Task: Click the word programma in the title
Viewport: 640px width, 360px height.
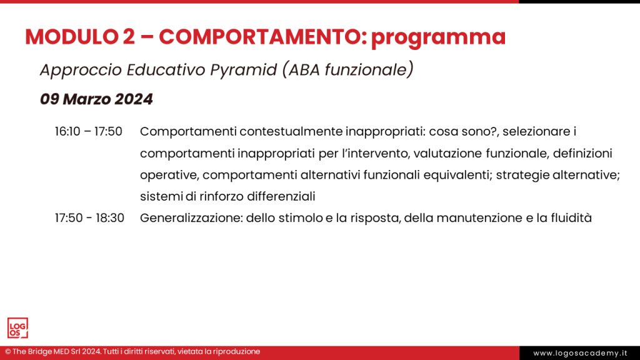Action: [x=437, y=37]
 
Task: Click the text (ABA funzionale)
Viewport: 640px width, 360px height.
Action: [x=347, y=70]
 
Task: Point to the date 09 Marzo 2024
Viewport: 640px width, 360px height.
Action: [x=96, y=99]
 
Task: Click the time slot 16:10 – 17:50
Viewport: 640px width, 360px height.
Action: [x=88, y=132]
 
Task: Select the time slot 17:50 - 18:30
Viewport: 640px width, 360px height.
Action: [x=89, y=218]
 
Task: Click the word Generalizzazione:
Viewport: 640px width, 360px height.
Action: [x=191, y=218]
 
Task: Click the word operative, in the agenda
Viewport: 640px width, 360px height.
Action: [x=169, y=175]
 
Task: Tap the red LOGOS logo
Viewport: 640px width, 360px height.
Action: [x=17, y=328]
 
